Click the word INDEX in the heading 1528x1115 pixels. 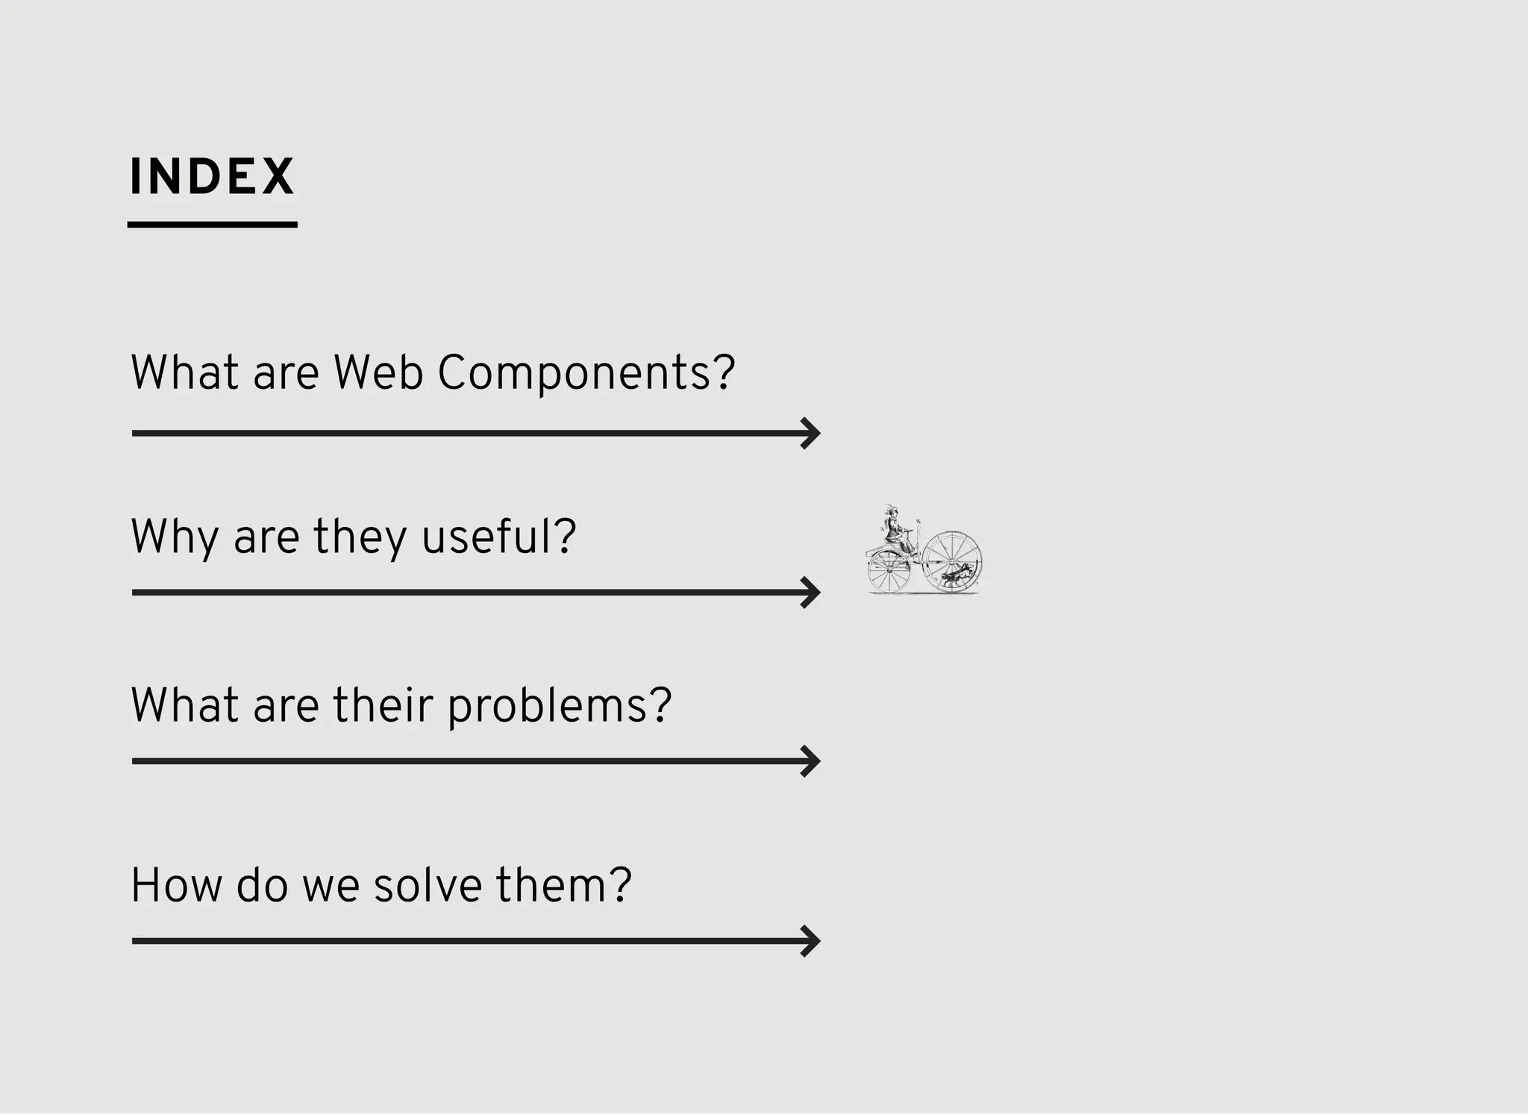pyautogui.click(x=212, y=177)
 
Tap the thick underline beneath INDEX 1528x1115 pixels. pyautogui.click(x=212, y=224)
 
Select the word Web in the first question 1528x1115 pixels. pyautogui.click(x=378, y=372)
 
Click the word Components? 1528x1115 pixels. pyautogui.click(x=586, y=372)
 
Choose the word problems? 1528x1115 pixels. pyautogui.click(x=560, y=705)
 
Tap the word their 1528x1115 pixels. pyautogui.click(x=383, y=705)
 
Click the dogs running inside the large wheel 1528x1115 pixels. pyautogui.click(x=956, y=575)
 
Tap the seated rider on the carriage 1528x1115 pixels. pyautogui.click(x=894, y=530)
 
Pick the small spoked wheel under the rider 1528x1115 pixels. pyautogui.click(x=889, y=572)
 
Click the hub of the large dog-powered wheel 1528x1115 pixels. pyautogui.click(x=952, y=561)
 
